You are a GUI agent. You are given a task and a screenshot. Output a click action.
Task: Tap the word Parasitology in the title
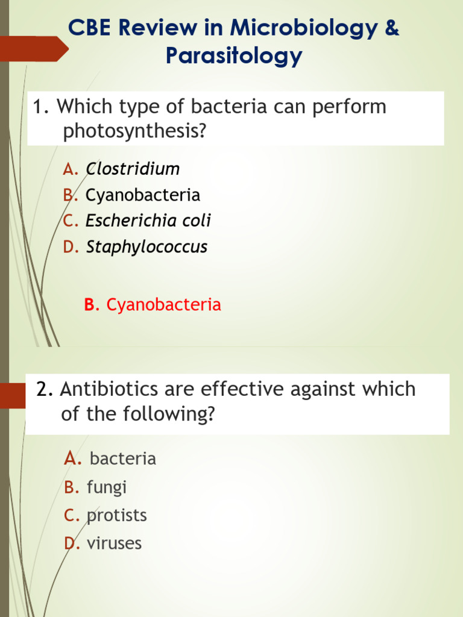(233, 56)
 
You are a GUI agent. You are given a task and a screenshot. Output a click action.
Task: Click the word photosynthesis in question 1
(134, 131)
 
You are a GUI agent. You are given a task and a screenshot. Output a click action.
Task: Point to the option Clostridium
(133, 169)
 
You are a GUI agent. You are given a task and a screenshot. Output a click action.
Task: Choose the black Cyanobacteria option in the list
(143, 195)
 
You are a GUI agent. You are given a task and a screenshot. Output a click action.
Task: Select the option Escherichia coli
(148, 221)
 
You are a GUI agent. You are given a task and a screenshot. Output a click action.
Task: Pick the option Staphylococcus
(146, 246)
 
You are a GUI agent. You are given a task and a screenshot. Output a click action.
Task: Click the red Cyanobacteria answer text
(163, 305)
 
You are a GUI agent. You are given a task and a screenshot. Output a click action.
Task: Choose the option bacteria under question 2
(122, 459)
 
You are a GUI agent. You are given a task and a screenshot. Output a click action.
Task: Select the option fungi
(107, 487)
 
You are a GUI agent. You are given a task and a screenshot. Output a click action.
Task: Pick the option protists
(116, 515)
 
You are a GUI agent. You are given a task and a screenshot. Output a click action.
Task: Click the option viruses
(114, 543)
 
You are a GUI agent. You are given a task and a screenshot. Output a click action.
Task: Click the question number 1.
(41, 107)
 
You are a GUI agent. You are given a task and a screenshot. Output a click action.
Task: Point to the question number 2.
(44, 389)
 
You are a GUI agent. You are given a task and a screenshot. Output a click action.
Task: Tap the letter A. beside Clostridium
(71, 169)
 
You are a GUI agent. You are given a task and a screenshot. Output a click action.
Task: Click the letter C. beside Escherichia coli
(71, 221)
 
